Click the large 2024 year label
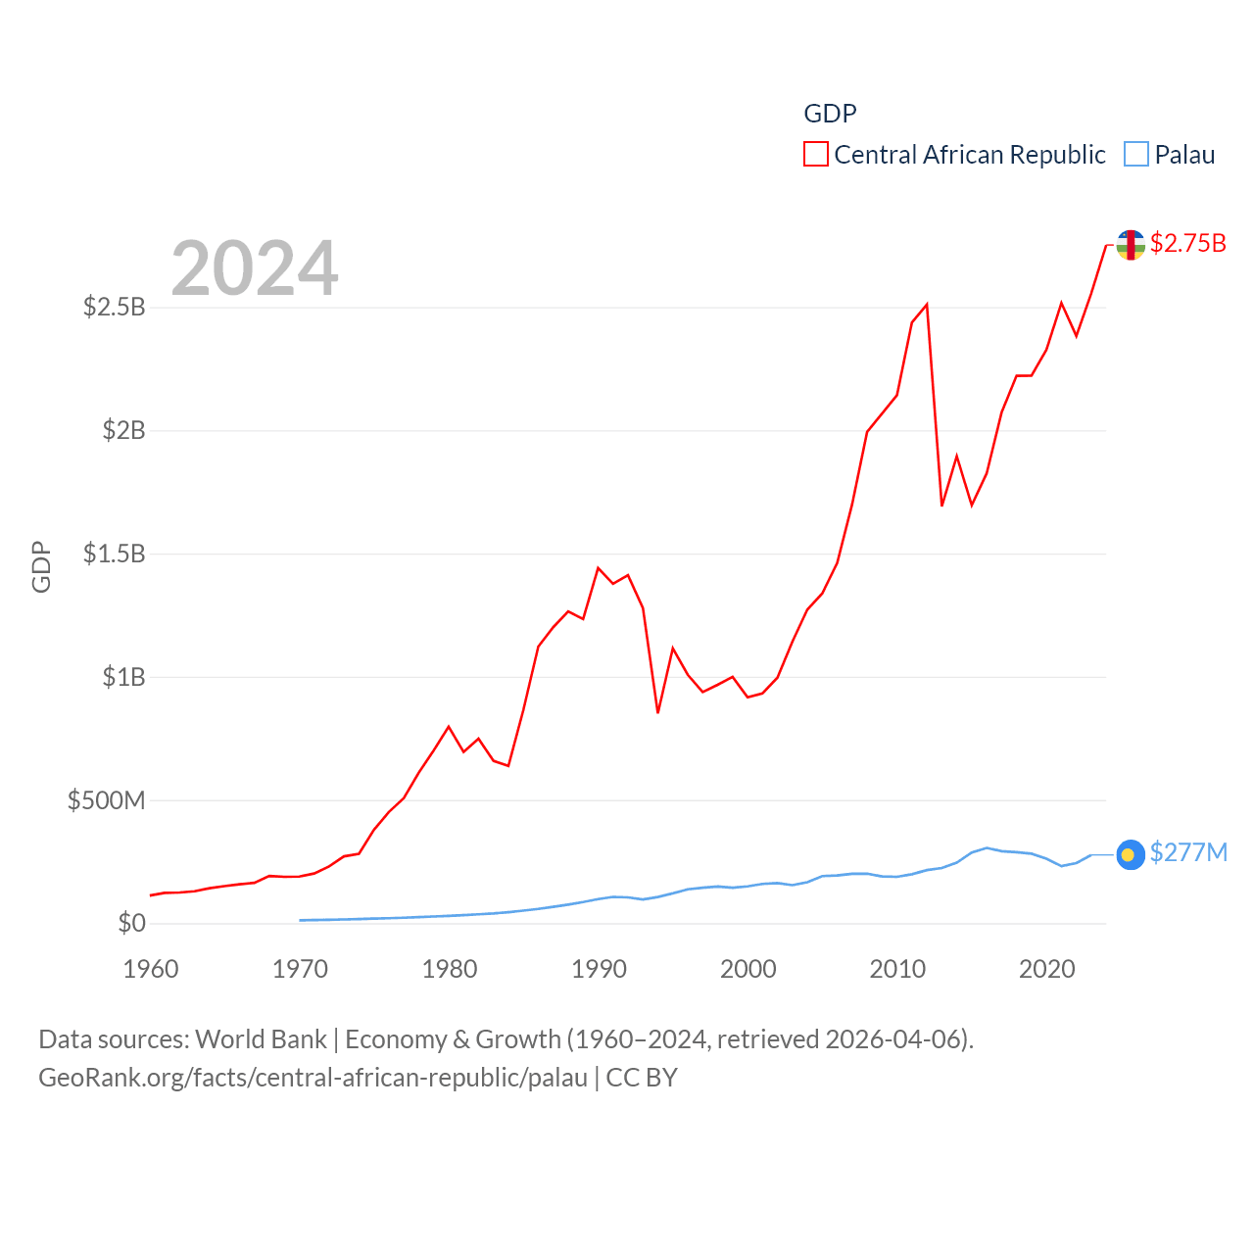point(255,267)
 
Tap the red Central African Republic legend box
point(815,155)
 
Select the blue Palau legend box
point(1135,155)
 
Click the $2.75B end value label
point(1187,243)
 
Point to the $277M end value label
point(1187,852)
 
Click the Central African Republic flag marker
point(1131,245)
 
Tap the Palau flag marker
point(1131,854)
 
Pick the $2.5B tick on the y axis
point(114,308)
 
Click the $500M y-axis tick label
point(106,800)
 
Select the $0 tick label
point(131,923)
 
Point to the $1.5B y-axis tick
point(114,554)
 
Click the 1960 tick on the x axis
point(151,969)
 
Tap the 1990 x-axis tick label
point(599,969)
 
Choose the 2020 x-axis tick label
point(1046,969)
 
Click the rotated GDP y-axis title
point(41,566)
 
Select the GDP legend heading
point(830,114)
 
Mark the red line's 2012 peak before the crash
point(927,305)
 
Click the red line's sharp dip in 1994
point(657,712)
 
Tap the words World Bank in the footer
point(261,1039)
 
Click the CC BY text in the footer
point(642,1078)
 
